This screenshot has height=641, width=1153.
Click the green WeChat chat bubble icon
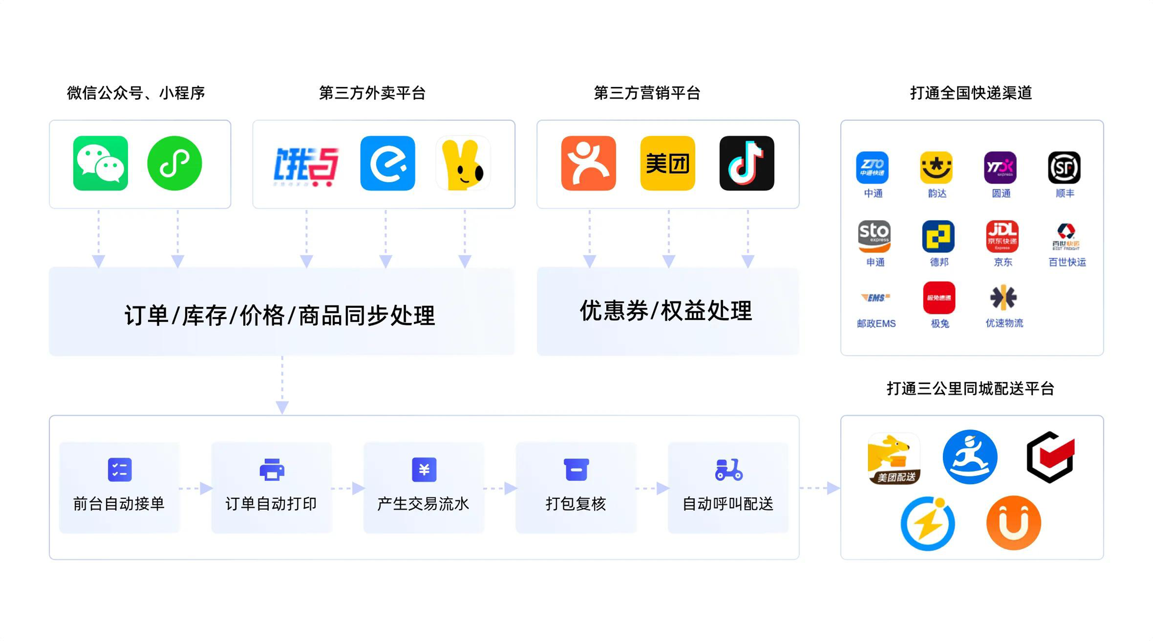[x=100, y=163]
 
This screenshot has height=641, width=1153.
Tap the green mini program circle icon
[x=175, y=163]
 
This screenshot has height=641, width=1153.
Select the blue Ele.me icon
[x=388, y=163]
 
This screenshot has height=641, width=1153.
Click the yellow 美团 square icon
[x=667, y=163]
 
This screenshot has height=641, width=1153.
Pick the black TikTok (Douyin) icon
[x=747, y=163]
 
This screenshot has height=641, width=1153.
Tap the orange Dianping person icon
[x=588, y=163]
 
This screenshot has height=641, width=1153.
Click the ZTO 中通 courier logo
[x=872, y=168]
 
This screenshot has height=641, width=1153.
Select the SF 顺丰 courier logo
[x=1064, y=168]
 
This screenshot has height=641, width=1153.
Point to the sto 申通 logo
[x=874, y=236]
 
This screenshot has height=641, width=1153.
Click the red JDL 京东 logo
[x=1002, y=236]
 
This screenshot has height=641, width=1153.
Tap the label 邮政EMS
[x=876, y=324]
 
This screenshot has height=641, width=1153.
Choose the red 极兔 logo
[x=939, y=297]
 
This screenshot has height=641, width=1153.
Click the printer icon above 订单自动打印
[x=272, y=469]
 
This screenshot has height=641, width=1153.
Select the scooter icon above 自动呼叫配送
[x=728, y=469]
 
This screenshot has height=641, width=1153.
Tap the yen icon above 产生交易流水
[x=424, y=469]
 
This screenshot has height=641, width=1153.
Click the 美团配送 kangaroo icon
[x=894, y=458]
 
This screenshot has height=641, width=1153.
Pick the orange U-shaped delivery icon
[x=1013, y=523]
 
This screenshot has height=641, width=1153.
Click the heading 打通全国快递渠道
[x=971, y=93]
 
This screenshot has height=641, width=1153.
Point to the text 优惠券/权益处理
[x=666, y=311]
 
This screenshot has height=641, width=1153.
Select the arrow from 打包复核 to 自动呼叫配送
[x=652, y=488]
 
